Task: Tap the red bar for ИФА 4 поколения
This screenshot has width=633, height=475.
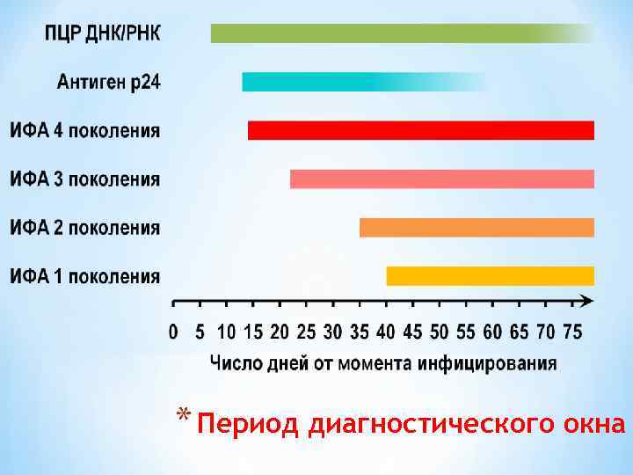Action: tap(420, 130)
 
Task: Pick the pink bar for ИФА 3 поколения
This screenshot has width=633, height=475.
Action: tap(441, 179)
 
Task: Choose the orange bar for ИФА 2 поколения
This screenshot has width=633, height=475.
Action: tap(477, 227)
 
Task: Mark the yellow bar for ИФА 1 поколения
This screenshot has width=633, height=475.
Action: tap(490, 275)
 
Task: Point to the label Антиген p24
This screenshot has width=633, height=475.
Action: tap(109, 83)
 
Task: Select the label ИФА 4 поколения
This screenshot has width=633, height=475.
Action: tap(85, 131)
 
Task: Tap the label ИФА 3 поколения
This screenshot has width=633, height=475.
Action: tap(85, 179)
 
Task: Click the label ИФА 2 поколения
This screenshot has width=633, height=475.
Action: tap(85, 228)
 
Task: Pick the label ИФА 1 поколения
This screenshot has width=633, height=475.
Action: tap(85, 276)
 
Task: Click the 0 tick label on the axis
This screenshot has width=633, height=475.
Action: tap(173, 332)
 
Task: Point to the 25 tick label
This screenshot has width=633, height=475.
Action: tap(306, 332)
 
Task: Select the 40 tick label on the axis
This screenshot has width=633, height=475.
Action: tap(386, 332)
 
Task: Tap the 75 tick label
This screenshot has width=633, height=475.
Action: tap(572, 332)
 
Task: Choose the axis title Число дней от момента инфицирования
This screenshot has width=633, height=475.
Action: tap(383, 362)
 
